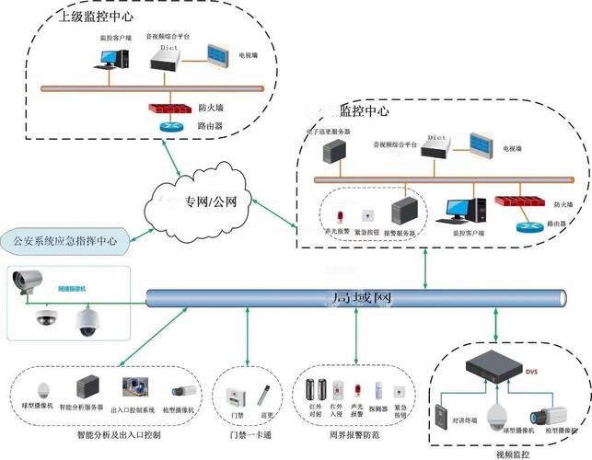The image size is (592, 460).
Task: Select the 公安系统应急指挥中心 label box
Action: (x=64, y=242)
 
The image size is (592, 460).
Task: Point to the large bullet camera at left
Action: (x=32, y=279)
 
